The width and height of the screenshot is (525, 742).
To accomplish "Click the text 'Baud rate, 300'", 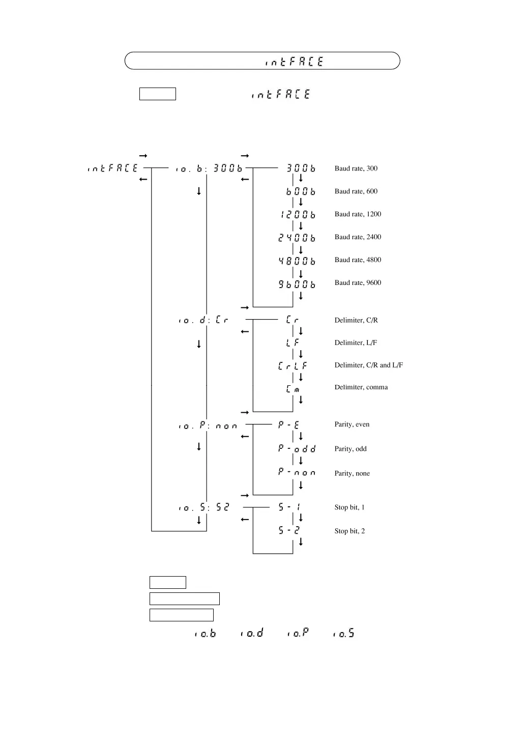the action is pyautogui.click(x=356, y=168).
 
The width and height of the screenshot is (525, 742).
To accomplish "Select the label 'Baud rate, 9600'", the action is pyautogui.click(x=358, y=283).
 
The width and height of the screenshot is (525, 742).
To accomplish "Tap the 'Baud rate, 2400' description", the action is pyautogui.click(x=358, y=237).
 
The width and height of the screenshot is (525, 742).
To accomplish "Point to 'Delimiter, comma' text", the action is pyautogui.click(x=361, y=387).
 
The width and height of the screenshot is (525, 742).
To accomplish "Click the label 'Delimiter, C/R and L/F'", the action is pyautogui.click(x=368, y=365).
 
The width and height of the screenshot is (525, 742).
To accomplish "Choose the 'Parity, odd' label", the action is pyautogui.click(x=350, y=449).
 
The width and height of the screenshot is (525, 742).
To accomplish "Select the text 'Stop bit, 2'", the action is pyautogui.click(x=349, y=531).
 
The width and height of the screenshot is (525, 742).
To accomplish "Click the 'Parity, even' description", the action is pyautogui.click(x=352, y=424).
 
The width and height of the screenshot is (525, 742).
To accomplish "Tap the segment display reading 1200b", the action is pyautogui.click(x=298, y=215).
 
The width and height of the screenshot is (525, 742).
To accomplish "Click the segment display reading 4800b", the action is pyautogui.click(x=297, y=261).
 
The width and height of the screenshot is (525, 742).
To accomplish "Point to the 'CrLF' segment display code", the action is pyautogui.click(x=293, y=366).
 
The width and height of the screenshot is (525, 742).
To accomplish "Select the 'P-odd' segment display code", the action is pyautogui.click(x=297, y=449).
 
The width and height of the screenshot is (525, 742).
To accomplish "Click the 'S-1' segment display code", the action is pyautogui.click(x=289, y=507).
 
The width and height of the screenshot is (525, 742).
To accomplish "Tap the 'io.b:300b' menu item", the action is pyautogui.click(x=209, y=168).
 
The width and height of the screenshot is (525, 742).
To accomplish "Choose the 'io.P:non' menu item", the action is pyautogui.click(x=208, y=425).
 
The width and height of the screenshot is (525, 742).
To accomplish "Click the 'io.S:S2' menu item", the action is pyautogui.click(x=204, y=507).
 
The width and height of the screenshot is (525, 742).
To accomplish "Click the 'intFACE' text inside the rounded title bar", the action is pyautogui.click(x=294, y=62).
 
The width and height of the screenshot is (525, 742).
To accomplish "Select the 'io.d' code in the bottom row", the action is pyautogui.click(x=252, y=633).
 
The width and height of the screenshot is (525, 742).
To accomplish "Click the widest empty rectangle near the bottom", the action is pyautogui.click(x=184, y=598).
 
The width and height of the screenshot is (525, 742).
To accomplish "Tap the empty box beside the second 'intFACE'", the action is pyautogui.click(x=157, y=94).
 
